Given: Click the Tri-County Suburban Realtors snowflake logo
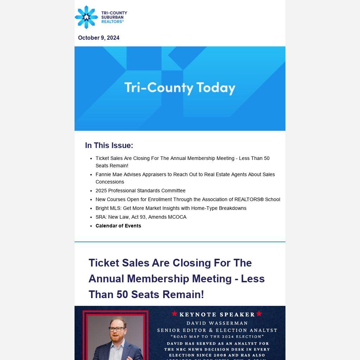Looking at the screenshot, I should (x=86, y=17).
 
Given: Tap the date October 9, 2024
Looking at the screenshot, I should (x=99, y=38).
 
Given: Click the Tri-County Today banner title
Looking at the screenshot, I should (x=180, y=88).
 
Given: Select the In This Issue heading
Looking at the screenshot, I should (x=109, y=146).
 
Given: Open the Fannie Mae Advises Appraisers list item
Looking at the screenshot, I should (x=185, y=178).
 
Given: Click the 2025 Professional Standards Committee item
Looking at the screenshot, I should (x=140, y=191).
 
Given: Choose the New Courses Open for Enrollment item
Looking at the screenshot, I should (x=188, y=199).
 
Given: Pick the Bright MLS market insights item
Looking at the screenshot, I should (x=171, y=208).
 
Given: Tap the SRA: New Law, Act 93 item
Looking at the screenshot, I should (x=141, y=217).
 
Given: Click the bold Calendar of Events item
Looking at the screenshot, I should (x=118, y=226).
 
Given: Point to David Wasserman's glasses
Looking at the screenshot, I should (x=117, y=329).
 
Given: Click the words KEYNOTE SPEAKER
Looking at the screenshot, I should (x=217, y=315).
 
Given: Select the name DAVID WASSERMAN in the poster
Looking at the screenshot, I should (x=217, y=323).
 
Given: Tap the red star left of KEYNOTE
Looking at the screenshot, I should (x=174, y=314).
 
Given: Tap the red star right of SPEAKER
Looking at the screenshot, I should (x=259, y=314).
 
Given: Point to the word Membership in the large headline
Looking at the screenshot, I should (x=178, y=279).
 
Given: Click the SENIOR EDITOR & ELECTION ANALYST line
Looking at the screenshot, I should (x=217, y=330).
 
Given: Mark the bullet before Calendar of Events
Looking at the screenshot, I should (x=91, y=226).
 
